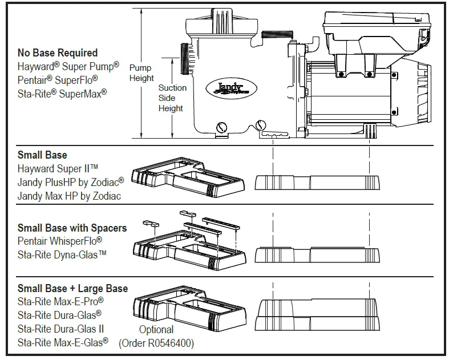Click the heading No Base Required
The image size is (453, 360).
58,53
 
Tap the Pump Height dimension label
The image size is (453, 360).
141,72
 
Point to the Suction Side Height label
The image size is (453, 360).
172,98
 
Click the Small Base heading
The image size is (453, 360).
42,155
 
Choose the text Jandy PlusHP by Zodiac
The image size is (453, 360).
70,182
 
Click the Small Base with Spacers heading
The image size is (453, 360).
72,228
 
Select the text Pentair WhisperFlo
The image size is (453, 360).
59,241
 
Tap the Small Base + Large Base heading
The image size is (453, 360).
72,288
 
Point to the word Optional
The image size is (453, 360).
156,329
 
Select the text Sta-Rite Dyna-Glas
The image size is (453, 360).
62,254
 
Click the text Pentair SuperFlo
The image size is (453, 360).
58,79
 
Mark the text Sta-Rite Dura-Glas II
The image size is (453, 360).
60,329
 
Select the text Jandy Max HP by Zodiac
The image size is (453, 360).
70,196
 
